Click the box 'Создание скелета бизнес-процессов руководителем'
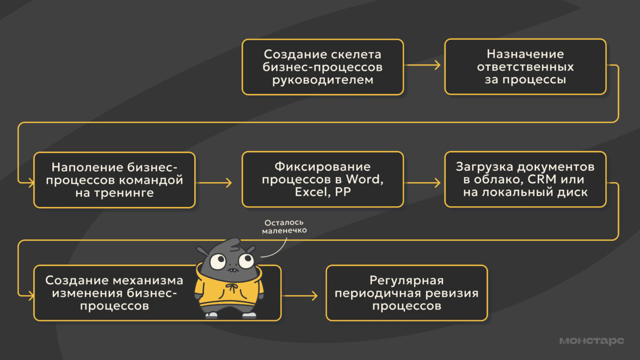pos(323,67)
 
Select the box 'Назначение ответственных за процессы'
pos(525,67)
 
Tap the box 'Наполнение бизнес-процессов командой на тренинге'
pos(114,179)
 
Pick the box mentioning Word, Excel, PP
pos(323,179)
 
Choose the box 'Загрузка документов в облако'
pos(525,179)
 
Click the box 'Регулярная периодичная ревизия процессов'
pos(407,293)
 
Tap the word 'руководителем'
pos(323,80)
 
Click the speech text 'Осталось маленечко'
pos(285,227)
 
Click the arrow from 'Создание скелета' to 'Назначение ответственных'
pos(423,65)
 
